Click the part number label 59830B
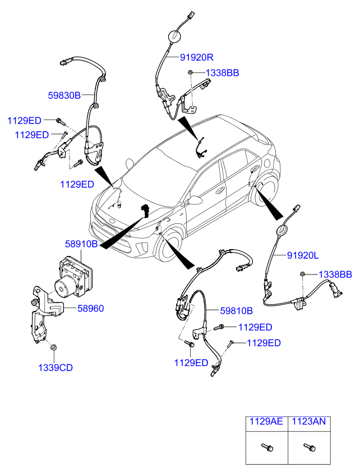click(63, 95)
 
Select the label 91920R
click(197, 57)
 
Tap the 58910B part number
click(81, 244)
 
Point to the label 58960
click(90, 308)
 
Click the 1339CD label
click(55, 368)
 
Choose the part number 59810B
click(236, 310)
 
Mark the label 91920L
click(303, 256)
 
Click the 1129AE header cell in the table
click(266, 422)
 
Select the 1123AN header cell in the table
click(307, 422)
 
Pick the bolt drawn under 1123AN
click(308, 447)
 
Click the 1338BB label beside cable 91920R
click(222, 73)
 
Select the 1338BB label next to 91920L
click(335, 274)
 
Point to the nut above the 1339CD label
click(53, 349)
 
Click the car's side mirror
click(196, 200)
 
